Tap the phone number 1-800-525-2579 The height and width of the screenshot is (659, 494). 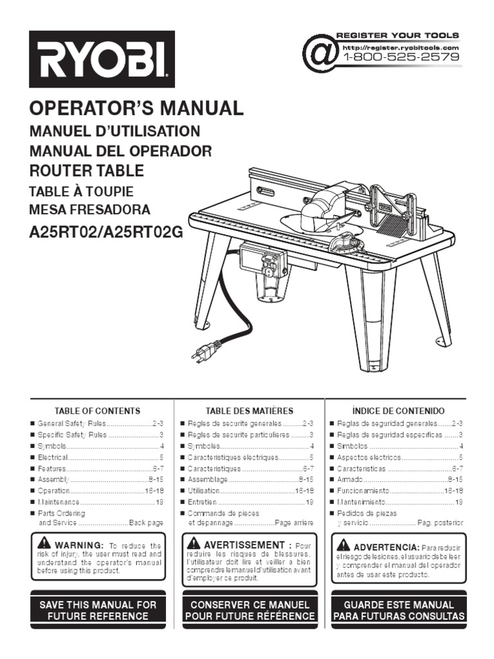point(402,57)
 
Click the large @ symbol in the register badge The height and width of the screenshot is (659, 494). point(320,51)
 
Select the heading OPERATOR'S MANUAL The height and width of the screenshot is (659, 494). point(137,108)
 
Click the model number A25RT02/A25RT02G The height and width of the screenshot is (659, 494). point(106,232)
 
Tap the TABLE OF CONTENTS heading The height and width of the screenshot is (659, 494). point(97,411)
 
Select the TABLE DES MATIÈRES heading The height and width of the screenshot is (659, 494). point(249,411)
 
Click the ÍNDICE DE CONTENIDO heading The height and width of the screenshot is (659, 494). point(398,411)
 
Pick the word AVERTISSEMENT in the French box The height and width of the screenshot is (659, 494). point(244,545)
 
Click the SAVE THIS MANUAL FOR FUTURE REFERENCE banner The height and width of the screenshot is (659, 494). point(98,610)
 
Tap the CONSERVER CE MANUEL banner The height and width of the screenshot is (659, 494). point(250,610)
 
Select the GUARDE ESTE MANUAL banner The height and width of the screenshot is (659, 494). point(398,610)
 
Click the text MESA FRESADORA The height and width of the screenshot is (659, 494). point(89,210)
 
